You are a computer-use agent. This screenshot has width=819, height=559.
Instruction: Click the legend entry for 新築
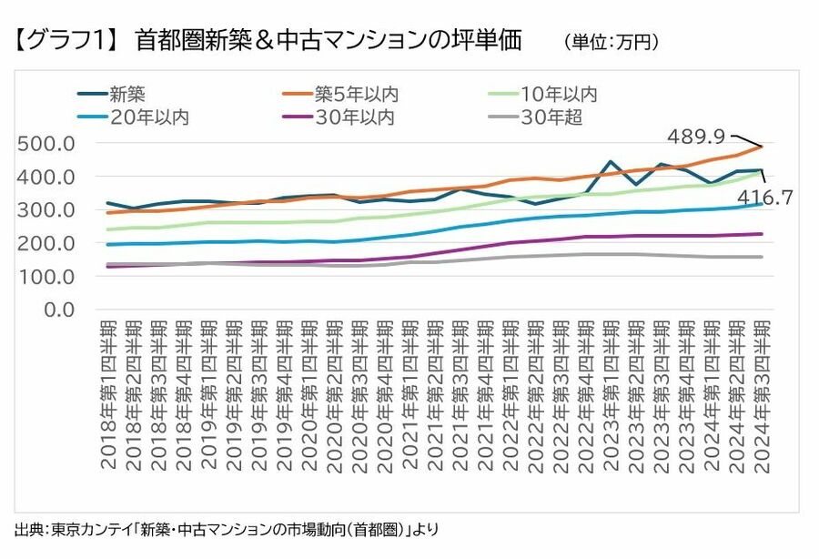[x=127, y=93]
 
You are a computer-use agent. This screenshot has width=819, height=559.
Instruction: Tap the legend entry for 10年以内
[x=559, y=93]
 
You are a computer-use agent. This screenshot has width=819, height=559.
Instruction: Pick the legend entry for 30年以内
[x=356, y=117]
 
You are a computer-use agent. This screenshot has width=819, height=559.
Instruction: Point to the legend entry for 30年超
[x=551, y=117]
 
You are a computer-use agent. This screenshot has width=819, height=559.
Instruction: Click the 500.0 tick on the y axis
[x=45, y=144]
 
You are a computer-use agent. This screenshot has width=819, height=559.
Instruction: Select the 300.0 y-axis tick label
[x=45, y=210]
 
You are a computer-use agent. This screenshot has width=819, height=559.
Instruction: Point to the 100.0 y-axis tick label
[x=45, y=277]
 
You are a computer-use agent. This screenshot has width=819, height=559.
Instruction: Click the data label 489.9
[x=695, y=137]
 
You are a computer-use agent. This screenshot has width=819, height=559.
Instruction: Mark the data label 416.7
[x=765, y=196]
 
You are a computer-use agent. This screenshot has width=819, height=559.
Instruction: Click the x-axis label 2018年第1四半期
[x=109, y=394]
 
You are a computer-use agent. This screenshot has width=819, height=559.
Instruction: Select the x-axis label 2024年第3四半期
[x=762, y=394]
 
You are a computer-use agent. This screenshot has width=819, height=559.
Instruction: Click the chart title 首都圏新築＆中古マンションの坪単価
[x=328, y=40]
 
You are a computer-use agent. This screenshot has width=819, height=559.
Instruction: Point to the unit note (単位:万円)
[x=611, y=42]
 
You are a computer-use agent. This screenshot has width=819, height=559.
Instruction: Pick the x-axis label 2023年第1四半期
[x=611, y=394]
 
